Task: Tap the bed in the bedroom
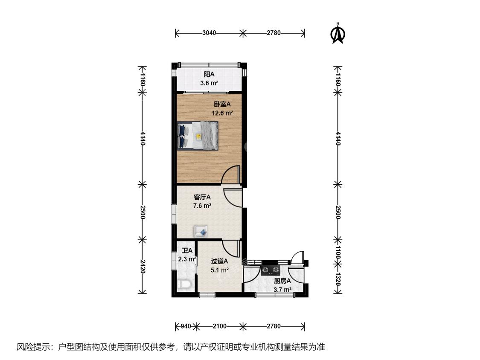pos(198,135)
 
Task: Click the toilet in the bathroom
pos(185,285)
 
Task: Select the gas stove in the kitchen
pos(271,270)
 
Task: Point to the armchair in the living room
pos(201,232)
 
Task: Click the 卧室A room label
pos(222,105)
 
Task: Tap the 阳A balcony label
pos(209,74)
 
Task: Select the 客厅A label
pos(202,197)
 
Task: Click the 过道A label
pos(219,261)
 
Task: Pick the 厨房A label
pos(282,281)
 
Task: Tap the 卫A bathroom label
pos(187,251)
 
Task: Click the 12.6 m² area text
pos(223,113)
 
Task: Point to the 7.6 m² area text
pos(202,206)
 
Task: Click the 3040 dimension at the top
pos(209,33)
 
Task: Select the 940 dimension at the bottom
pos(186,326)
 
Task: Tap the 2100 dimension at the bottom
pos(219,326)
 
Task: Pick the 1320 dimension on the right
pos(337,279)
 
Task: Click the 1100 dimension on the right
pos(337,253)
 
